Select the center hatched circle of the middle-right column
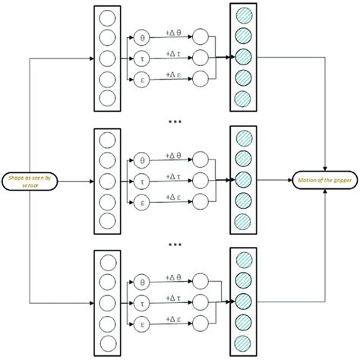tap(242, 180)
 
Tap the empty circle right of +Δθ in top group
tap(201, 37)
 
